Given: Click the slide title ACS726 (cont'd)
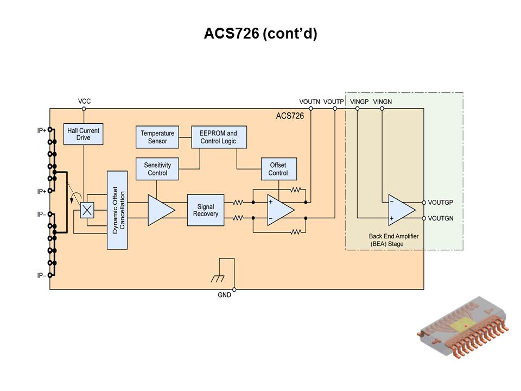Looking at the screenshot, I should [260, 34].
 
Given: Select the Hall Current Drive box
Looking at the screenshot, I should [83, 134].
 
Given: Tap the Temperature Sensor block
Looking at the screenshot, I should [157, 137].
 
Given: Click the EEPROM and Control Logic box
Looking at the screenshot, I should [218, 137].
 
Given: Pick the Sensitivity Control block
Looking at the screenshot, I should [157, 169].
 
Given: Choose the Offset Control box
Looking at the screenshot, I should [278, 169].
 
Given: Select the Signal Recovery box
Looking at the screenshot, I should [206, 210].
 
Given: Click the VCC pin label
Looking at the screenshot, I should [84, 102].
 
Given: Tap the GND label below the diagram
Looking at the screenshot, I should [224, 295].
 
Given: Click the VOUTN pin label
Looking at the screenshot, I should [310, 102].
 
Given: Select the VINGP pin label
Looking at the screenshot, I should [359, 102].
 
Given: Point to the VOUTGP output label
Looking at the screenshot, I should [440, 202].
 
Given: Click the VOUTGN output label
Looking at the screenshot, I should [440, 218].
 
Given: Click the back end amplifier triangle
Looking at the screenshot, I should [401, 210].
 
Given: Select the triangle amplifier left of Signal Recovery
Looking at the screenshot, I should [160, 210].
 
